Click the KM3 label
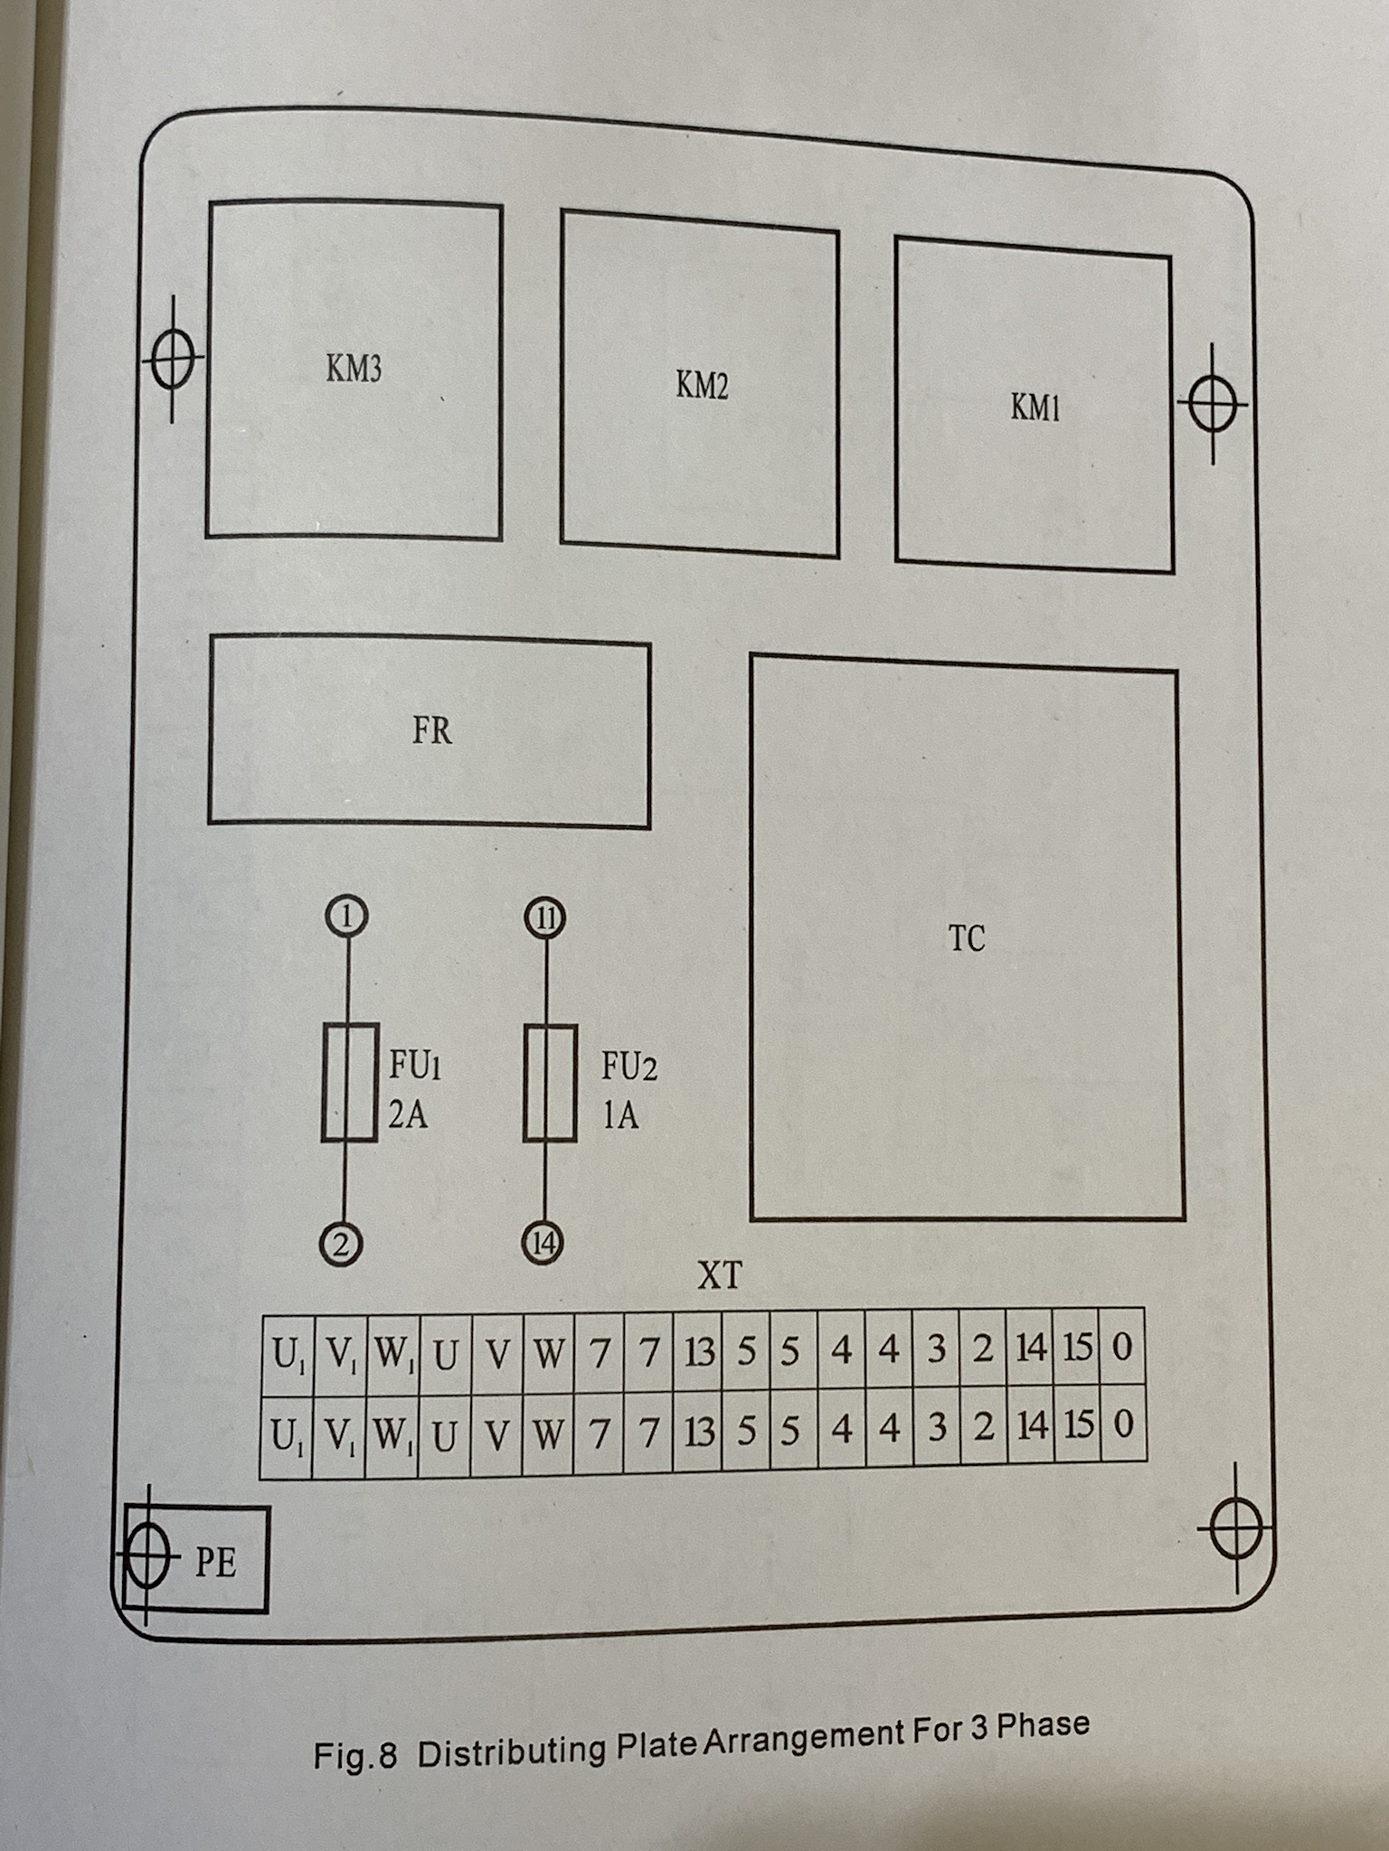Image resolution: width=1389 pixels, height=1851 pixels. (354, 369)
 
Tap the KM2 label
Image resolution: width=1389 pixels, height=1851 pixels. (702, 386)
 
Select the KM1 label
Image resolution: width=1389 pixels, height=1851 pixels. (1035, 408)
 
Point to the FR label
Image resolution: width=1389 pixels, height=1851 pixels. (432, 730)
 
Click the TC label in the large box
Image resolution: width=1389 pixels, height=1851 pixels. (967, 939)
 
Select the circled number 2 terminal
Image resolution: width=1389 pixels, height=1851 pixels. (341, 1245)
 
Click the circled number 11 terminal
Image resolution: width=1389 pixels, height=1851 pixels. (545, 918)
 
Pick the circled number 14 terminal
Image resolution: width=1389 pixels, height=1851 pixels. (543, 1245)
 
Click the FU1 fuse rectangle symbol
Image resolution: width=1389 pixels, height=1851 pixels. (350, 1082)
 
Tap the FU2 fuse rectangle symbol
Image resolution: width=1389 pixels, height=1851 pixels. (550, 1083)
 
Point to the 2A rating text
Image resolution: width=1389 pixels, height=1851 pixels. (408, 1115)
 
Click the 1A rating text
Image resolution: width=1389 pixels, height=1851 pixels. (620, 1116)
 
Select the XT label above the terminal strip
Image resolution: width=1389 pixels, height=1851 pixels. (719, 1275)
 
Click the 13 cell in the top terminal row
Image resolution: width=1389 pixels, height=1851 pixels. (698, 1352)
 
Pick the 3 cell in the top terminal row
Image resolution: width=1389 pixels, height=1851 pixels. (937, 1349)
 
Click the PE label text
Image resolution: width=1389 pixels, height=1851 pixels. (215, 1564)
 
